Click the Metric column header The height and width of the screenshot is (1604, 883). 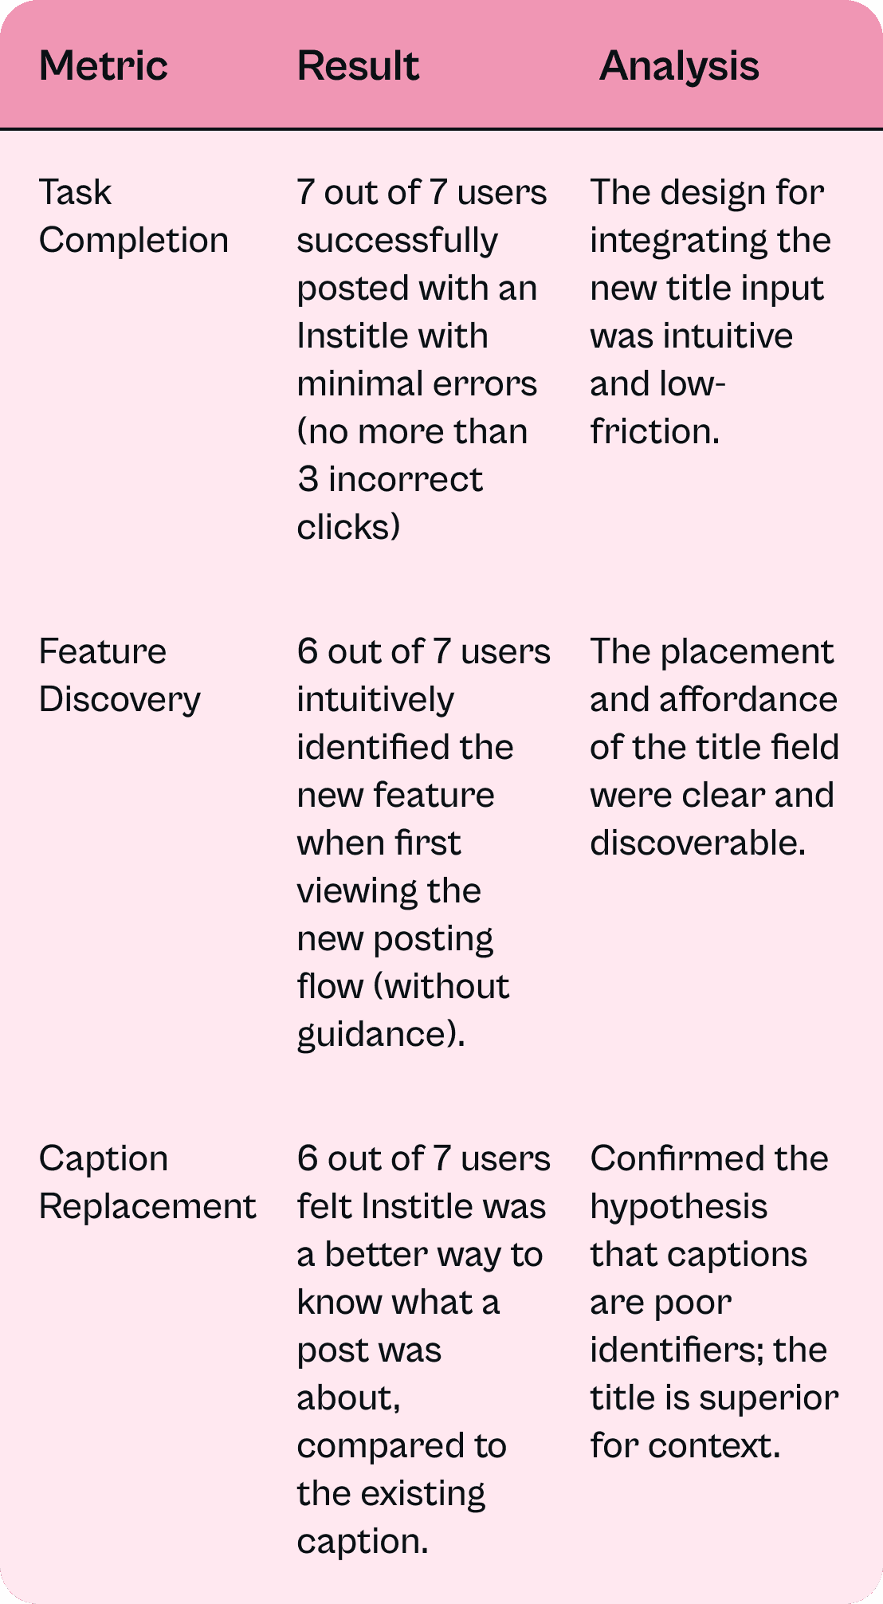click(104, 65)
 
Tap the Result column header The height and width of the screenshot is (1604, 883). click(358, 65)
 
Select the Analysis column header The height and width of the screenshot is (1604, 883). click(679, 65)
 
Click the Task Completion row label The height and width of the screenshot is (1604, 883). click(133, 216)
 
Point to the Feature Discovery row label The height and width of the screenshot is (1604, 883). click(120, 675)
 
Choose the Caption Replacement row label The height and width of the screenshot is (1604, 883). click(147, 1182)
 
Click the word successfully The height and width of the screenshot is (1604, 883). click(397, 240)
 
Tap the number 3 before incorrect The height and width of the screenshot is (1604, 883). click(308, 479)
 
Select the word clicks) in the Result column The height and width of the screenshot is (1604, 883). click(348, 527)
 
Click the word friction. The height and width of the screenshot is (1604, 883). click(654, 431)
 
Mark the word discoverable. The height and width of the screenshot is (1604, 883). click(697, 843)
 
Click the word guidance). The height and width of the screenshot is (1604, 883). click(380, 1034)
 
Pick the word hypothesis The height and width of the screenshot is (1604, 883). click(678, 1206)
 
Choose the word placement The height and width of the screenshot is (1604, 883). click(747, 651)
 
